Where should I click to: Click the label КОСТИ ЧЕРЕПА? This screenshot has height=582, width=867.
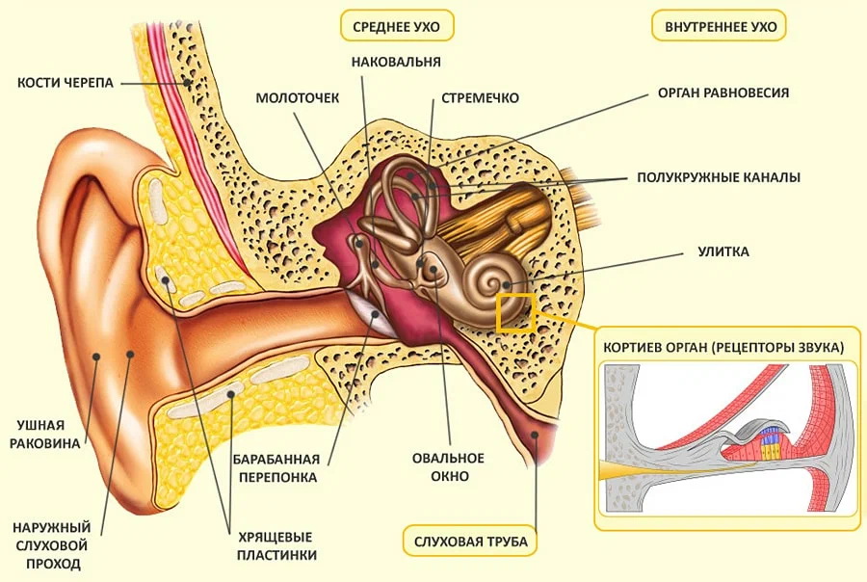65,83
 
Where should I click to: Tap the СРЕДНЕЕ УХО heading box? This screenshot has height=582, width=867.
397,26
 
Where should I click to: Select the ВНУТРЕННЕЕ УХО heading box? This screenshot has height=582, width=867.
720,26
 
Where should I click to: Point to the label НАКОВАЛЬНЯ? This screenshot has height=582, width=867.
397,63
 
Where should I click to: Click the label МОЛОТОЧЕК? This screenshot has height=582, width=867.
298,97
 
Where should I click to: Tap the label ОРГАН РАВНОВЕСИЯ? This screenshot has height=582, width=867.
723,93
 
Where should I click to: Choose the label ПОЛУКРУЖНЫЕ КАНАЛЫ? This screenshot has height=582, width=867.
718,177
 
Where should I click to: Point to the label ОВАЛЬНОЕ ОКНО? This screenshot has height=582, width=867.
448,466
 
